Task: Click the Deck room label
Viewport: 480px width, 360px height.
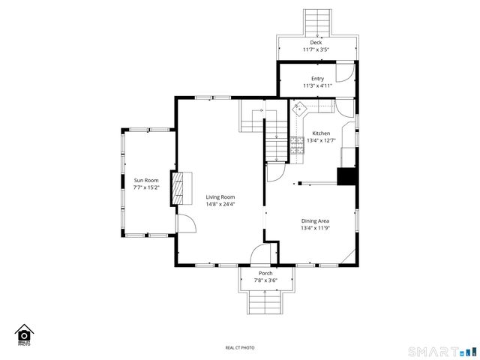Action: pos(316,43)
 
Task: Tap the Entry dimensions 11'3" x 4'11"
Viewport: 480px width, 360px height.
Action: pos(317,85)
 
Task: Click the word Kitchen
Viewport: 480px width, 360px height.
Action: pos(321,133)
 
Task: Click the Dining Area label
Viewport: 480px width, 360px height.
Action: pos(315,220)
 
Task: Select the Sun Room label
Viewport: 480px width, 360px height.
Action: pos(146,180)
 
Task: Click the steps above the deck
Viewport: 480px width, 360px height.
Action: pos(316,22)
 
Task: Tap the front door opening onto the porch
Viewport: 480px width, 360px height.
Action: pos(259,254)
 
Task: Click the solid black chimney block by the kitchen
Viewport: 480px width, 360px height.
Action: pos(346,175)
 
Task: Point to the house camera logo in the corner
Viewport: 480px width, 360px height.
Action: pos(24,334)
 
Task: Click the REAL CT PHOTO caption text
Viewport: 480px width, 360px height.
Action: pos(240,347)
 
